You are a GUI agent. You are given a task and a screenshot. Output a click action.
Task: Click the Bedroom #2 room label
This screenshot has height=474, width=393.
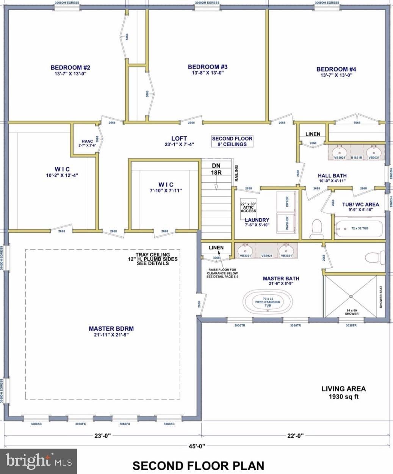(x=70, y=68)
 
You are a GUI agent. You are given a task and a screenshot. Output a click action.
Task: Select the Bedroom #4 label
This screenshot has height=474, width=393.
(x=336, y=69)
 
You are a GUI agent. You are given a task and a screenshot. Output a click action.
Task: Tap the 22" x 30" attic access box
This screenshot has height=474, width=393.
(x=248, y=207)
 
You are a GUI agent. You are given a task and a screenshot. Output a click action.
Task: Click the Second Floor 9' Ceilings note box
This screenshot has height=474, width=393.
(x=232, y=141)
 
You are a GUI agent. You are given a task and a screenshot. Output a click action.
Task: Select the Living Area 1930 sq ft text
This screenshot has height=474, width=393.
(x=343, y=393)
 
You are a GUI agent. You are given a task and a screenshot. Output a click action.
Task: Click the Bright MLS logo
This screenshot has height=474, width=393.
(x=39, y=461)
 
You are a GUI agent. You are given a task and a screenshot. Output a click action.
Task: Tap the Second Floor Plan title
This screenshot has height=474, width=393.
(x=198, y=465)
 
